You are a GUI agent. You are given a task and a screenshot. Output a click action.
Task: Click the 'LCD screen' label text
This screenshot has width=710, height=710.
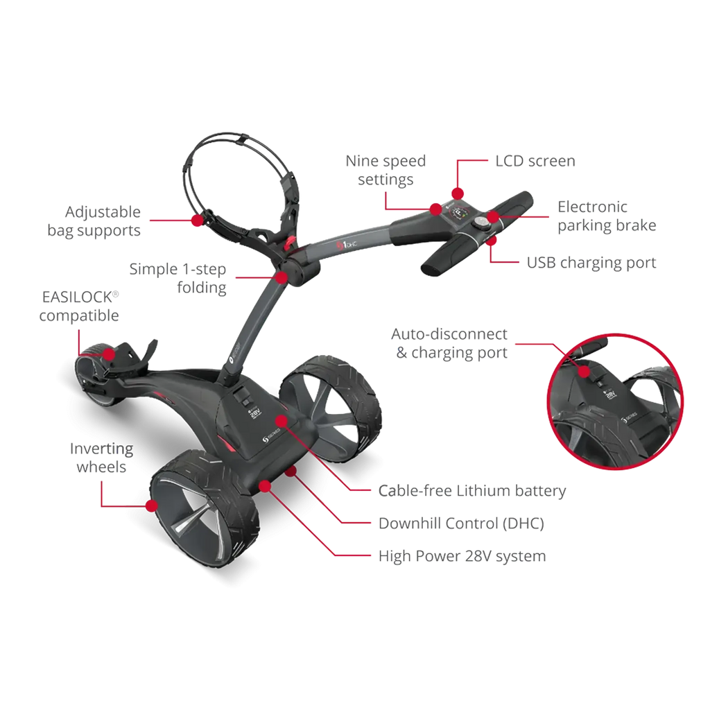tap(535, 161)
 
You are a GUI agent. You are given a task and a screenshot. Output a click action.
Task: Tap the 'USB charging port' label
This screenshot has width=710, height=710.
tap(591, 263)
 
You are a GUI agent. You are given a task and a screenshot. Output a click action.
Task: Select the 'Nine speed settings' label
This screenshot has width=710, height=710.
tap(386, 171)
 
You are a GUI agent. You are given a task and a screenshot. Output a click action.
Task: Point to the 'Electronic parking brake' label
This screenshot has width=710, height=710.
tap(607, 216)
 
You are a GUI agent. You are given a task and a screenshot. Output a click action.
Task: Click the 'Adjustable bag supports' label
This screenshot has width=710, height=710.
tap(94, 221)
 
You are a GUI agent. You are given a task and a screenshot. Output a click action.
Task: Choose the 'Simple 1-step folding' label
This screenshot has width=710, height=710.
tap(178, 278)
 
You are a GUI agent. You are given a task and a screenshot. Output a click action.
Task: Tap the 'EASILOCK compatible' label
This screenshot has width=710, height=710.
tap(79, 306)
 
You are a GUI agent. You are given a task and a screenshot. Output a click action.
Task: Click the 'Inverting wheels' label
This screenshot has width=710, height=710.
tap(101, 458)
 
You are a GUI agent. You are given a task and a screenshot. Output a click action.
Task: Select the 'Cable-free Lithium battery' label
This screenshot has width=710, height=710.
tap(472, 491)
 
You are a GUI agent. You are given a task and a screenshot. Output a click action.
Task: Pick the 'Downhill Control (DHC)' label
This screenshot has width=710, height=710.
tap(461, 523)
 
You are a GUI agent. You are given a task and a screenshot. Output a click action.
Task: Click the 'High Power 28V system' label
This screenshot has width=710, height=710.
tap(462, 556)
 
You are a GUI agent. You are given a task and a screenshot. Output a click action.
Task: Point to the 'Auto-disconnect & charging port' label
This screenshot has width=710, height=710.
tap(449, 343)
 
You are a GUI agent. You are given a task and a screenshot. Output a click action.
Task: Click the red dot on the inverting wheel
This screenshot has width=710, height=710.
tap(152, 505)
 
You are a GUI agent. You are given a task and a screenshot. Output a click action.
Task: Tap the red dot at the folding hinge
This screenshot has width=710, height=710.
tap(282, 277)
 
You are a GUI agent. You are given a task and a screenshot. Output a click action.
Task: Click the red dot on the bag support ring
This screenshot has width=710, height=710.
tap(197, 220)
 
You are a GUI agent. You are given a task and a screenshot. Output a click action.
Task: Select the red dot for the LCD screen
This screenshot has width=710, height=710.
tap(458, 194)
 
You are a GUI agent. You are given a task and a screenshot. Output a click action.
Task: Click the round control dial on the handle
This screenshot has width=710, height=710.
tap(480, 223)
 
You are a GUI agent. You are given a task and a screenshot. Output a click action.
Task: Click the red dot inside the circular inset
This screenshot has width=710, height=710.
tap(584, 372)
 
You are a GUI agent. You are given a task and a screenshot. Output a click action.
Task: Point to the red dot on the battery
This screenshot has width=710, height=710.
tap(282, 422)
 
